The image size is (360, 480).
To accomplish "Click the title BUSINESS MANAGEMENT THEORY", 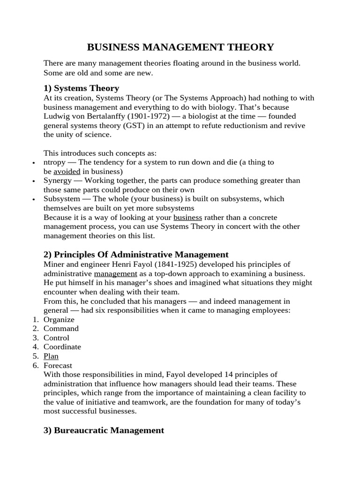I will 180,47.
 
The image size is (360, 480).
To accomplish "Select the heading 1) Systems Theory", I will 81,88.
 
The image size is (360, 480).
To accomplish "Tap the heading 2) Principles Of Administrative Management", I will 136,255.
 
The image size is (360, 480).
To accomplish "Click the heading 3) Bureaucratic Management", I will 104,430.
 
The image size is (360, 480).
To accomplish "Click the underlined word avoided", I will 67,171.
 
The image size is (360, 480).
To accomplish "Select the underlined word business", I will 187,217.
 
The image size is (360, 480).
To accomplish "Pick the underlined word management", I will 115,273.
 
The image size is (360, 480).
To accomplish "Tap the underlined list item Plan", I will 51,356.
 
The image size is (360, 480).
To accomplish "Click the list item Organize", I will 59,319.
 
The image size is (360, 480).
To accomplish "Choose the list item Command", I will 61,329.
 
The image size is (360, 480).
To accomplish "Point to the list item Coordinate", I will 62,347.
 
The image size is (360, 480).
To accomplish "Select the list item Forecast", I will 58,365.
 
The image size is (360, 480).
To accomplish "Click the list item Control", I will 56,337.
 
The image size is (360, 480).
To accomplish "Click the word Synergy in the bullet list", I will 57,180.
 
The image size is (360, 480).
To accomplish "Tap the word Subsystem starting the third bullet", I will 61,199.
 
